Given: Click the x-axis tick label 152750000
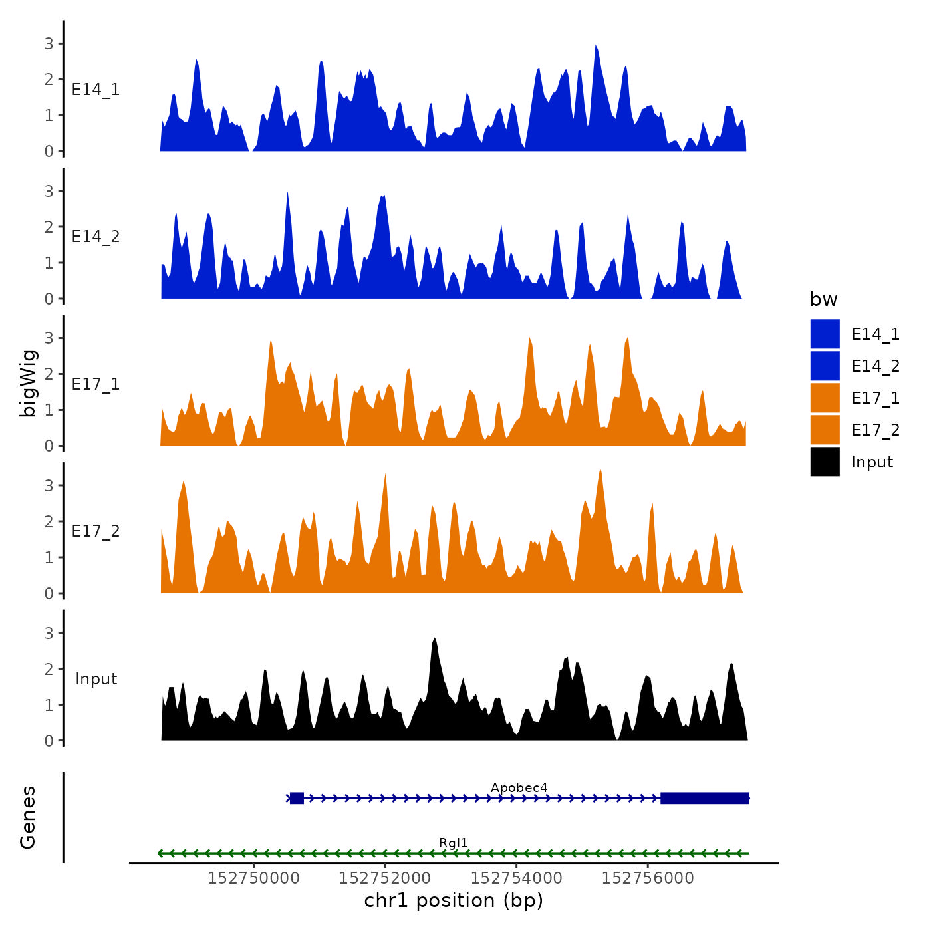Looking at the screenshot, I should [x=253, y=878].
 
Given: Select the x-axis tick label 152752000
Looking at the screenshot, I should [x=384, y=878].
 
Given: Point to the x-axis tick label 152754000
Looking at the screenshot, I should [x=516, y=878].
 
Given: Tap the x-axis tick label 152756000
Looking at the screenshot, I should [x=647, y=878].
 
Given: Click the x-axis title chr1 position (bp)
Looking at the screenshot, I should [x=454, y=901].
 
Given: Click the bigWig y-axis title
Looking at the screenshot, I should [x=29, y=383].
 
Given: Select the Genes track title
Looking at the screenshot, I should [x=28, y=817].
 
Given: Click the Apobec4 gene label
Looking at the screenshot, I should [x=519, y=788].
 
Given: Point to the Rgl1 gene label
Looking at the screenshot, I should [x=453, y=843].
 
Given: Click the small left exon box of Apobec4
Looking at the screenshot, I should [x=297, y=798].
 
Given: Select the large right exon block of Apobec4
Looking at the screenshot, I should [x=705, y=798].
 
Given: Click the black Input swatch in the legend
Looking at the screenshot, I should [x=825, y=462].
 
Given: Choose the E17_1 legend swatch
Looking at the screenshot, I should [x=825, y=398].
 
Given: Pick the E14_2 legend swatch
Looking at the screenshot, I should [x=825, y=366].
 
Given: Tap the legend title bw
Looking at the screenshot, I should [x=823, y=299].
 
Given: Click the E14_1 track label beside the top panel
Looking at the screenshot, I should [x=96, y=90].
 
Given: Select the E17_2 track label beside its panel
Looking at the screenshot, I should [x=96, y=531].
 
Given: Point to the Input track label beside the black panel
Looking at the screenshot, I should [x=96, y=679].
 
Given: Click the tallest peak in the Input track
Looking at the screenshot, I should [x=434, y=640].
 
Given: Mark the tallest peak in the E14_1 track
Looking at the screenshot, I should [x=596, y=47].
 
